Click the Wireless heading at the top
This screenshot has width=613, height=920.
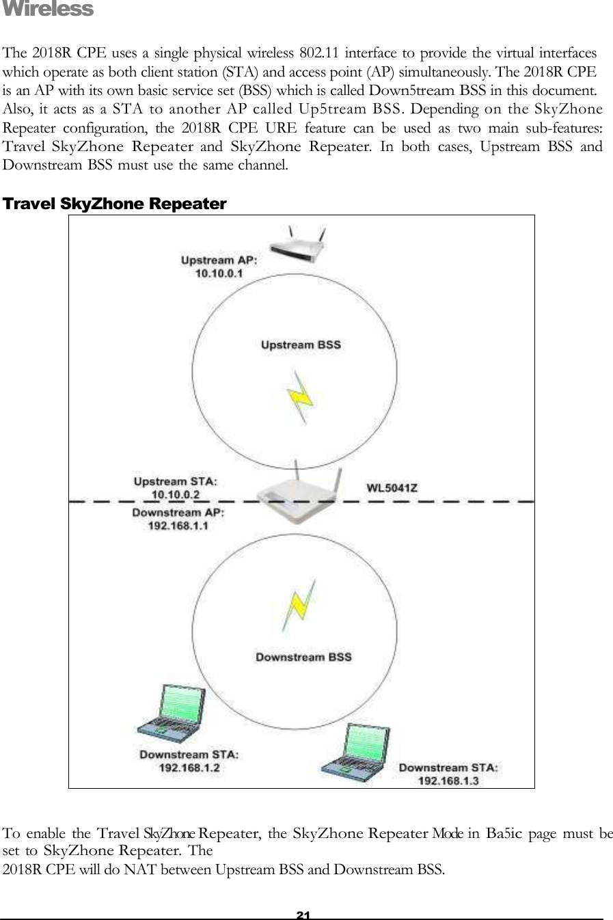[48, 10]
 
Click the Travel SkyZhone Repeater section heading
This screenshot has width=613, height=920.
[115, 204]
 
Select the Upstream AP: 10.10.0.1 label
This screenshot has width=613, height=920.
[219, 267]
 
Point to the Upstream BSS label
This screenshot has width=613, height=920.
[301, 345]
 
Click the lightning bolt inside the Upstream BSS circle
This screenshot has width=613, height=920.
[299, 397]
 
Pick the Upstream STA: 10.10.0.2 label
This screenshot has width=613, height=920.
[176, 488]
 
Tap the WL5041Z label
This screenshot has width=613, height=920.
[392, 488]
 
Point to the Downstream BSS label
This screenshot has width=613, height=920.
[303, 658]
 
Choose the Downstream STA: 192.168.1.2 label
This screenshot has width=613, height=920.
[189, 761]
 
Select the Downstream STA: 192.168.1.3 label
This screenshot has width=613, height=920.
[448, 774]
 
